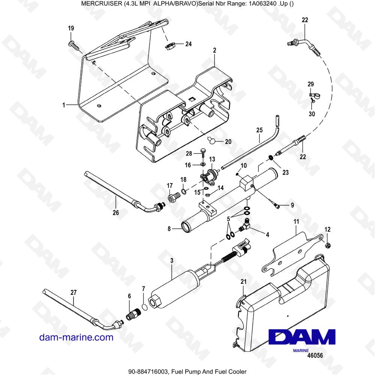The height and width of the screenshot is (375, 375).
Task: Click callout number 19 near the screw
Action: click(71, 28)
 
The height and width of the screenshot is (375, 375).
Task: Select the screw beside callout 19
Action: click(73, 46)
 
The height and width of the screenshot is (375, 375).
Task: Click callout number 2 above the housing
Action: click(214, 50)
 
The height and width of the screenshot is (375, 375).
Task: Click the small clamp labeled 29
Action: click(313, 97)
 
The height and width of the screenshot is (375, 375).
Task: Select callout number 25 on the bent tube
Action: click(259, 130)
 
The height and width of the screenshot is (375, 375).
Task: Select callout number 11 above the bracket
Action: click(295, 222)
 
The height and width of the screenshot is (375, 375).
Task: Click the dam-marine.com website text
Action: click(76, 337)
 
